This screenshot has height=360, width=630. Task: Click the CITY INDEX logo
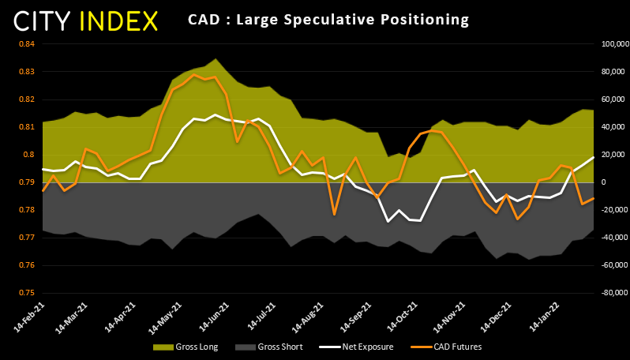point(86,21)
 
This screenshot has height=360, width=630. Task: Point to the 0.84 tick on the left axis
point(26,44)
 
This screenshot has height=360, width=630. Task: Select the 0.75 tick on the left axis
point(26,293)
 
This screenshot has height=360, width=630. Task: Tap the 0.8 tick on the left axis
point(28,155)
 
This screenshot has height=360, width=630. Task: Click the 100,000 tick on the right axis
point(612,44)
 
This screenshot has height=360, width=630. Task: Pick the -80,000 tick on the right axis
point(612,293)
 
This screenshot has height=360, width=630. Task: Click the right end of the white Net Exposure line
point(593,157)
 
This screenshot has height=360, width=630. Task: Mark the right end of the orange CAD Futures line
point(593,198)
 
